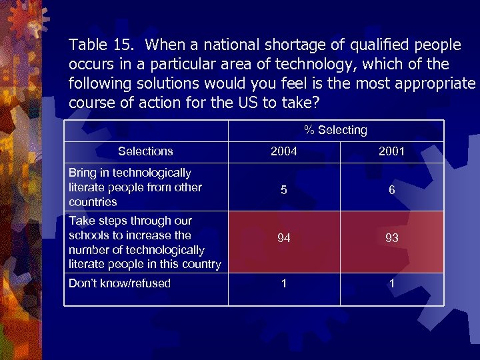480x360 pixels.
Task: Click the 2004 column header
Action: pos(284,151)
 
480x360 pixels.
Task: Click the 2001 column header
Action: pos(392,151)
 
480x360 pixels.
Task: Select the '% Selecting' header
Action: pos(335,130)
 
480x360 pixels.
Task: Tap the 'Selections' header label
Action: pos(145,151)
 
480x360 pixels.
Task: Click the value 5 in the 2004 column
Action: pos(284,190)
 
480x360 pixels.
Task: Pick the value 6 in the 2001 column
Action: pos(392,190)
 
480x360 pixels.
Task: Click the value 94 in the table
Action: pos(284,238)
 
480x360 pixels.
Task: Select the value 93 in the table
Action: pos(392,238)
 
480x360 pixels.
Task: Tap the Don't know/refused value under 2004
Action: pos(284,283)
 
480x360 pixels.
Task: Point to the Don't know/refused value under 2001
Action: pos(392,283)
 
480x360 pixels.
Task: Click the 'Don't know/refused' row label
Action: pos(120,283)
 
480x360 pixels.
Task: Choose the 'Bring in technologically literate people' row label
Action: pos(135,187)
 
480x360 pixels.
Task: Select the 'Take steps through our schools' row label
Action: pos(145,242)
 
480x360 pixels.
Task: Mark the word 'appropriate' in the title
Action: pos(434,84)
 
